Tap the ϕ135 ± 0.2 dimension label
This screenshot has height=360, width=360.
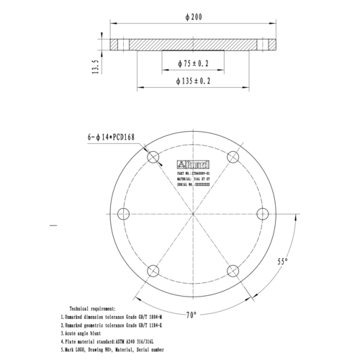coord(192,81)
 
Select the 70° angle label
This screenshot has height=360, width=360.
coord(191,315)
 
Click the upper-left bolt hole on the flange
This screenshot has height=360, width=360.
coord(152,158)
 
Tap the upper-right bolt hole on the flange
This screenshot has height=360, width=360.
coord(233,158)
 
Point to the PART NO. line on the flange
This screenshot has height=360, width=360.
coord(194,174)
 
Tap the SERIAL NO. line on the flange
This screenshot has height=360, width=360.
coord(194,184)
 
